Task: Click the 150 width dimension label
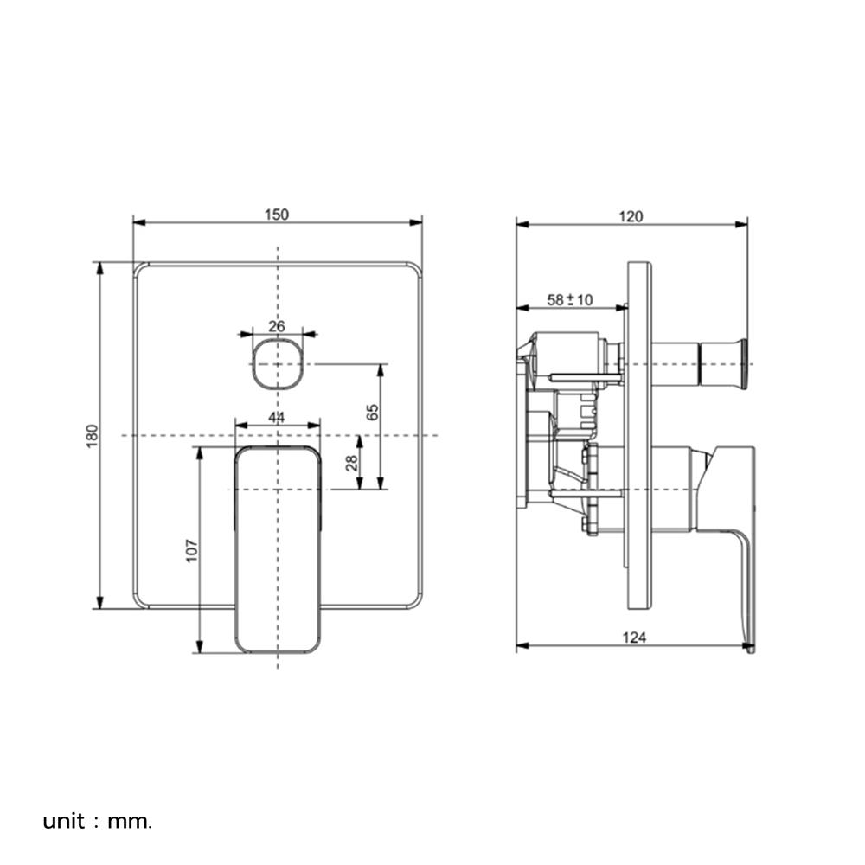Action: (276, 215)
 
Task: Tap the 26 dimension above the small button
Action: (277, 326)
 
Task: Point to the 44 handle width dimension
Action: (277, 418)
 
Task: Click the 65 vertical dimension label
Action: (373, 412)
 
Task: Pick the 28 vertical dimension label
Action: (352, 463)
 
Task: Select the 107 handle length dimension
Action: (192, 550)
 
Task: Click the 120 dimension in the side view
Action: (631, 216)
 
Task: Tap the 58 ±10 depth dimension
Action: (570, 300)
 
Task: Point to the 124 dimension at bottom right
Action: (634, 638)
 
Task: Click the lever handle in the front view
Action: (278, 549)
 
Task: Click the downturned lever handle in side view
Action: (735, 536)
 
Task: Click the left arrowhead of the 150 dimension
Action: (137, 222)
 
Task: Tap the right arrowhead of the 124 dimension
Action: (750, 645)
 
